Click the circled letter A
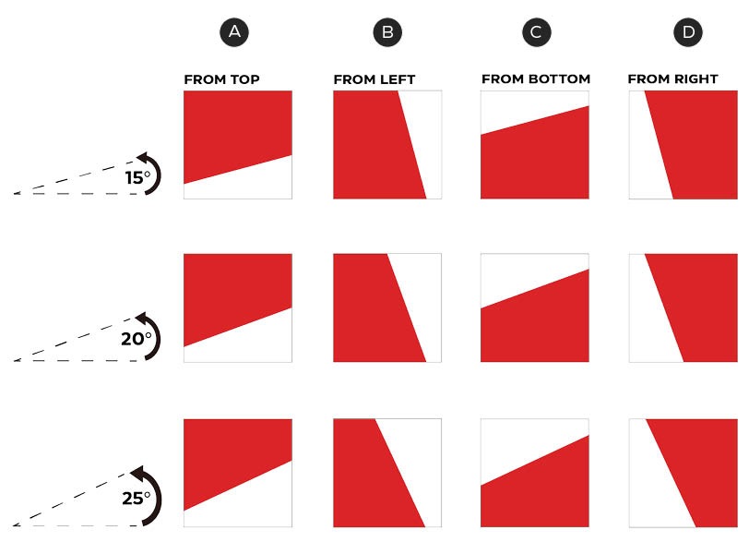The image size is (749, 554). coord(234,32)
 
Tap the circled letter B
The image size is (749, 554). coord(387,32)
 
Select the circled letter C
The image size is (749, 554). coord(537,32)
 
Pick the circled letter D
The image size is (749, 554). coord(688,32)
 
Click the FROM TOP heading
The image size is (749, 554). coord(221,79)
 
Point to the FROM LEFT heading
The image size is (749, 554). coord(374,79)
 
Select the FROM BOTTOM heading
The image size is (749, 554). coord(536,78)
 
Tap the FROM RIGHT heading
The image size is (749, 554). coord(673,78)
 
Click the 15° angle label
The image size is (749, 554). coord(137,178)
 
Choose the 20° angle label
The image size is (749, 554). coord(137,339)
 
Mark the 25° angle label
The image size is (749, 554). coord(137,499)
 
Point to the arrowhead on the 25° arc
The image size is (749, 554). coord(138,474)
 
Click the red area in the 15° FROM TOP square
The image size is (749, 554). coord(234,129)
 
